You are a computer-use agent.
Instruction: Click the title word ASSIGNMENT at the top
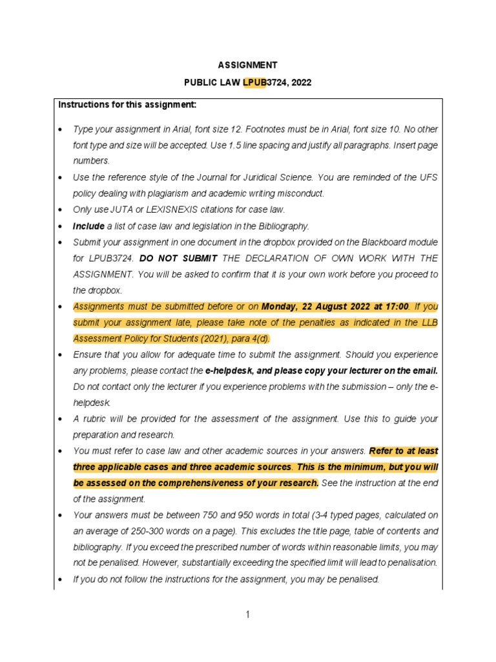click(x=247, y=65)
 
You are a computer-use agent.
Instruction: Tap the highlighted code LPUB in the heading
click(x=254, y=83)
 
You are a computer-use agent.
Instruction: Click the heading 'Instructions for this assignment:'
click(x=127, y=105)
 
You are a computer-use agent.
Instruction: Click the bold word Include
click(x=88, y=226)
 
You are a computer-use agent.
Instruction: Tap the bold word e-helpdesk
click(x=229, y=370)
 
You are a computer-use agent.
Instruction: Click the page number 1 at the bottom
click(x=247, y=614)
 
